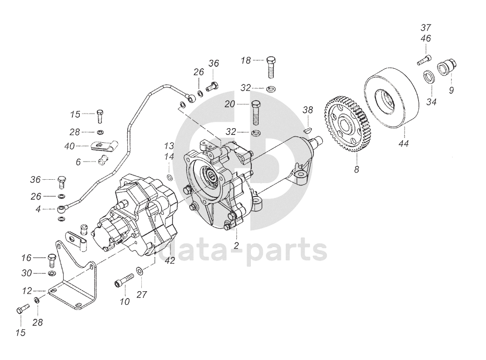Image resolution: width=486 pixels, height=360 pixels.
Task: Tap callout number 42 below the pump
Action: click(x=170, y=260)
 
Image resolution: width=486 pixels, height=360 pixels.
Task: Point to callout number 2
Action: click(x=236, y=245)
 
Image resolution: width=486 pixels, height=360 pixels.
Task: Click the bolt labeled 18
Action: click(x=271, y=66)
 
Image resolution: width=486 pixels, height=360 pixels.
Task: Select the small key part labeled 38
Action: click(x=308, y=125)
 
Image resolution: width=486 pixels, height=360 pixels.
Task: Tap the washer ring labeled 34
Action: click(x=427, y=77)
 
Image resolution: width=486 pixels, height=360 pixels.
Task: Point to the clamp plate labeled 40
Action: click(x=103, y=146)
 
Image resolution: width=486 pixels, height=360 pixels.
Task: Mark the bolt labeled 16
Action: click(x=51, y=258)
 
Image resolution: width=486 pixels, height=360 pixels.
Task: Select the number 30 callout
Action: click(x=27, y=273)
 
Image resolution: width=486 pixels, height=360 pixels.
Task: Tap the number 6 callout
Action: click(x=78, y=162)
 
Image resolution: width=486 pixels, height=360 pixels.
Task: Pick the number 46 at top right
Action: click(x=426, y=38)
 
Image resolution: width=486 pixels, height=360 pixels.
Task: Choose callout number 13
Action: click(x=169, y=145)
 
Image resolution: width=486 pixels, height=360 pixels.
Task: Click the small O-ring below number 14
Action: click(x=170, y=177)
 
